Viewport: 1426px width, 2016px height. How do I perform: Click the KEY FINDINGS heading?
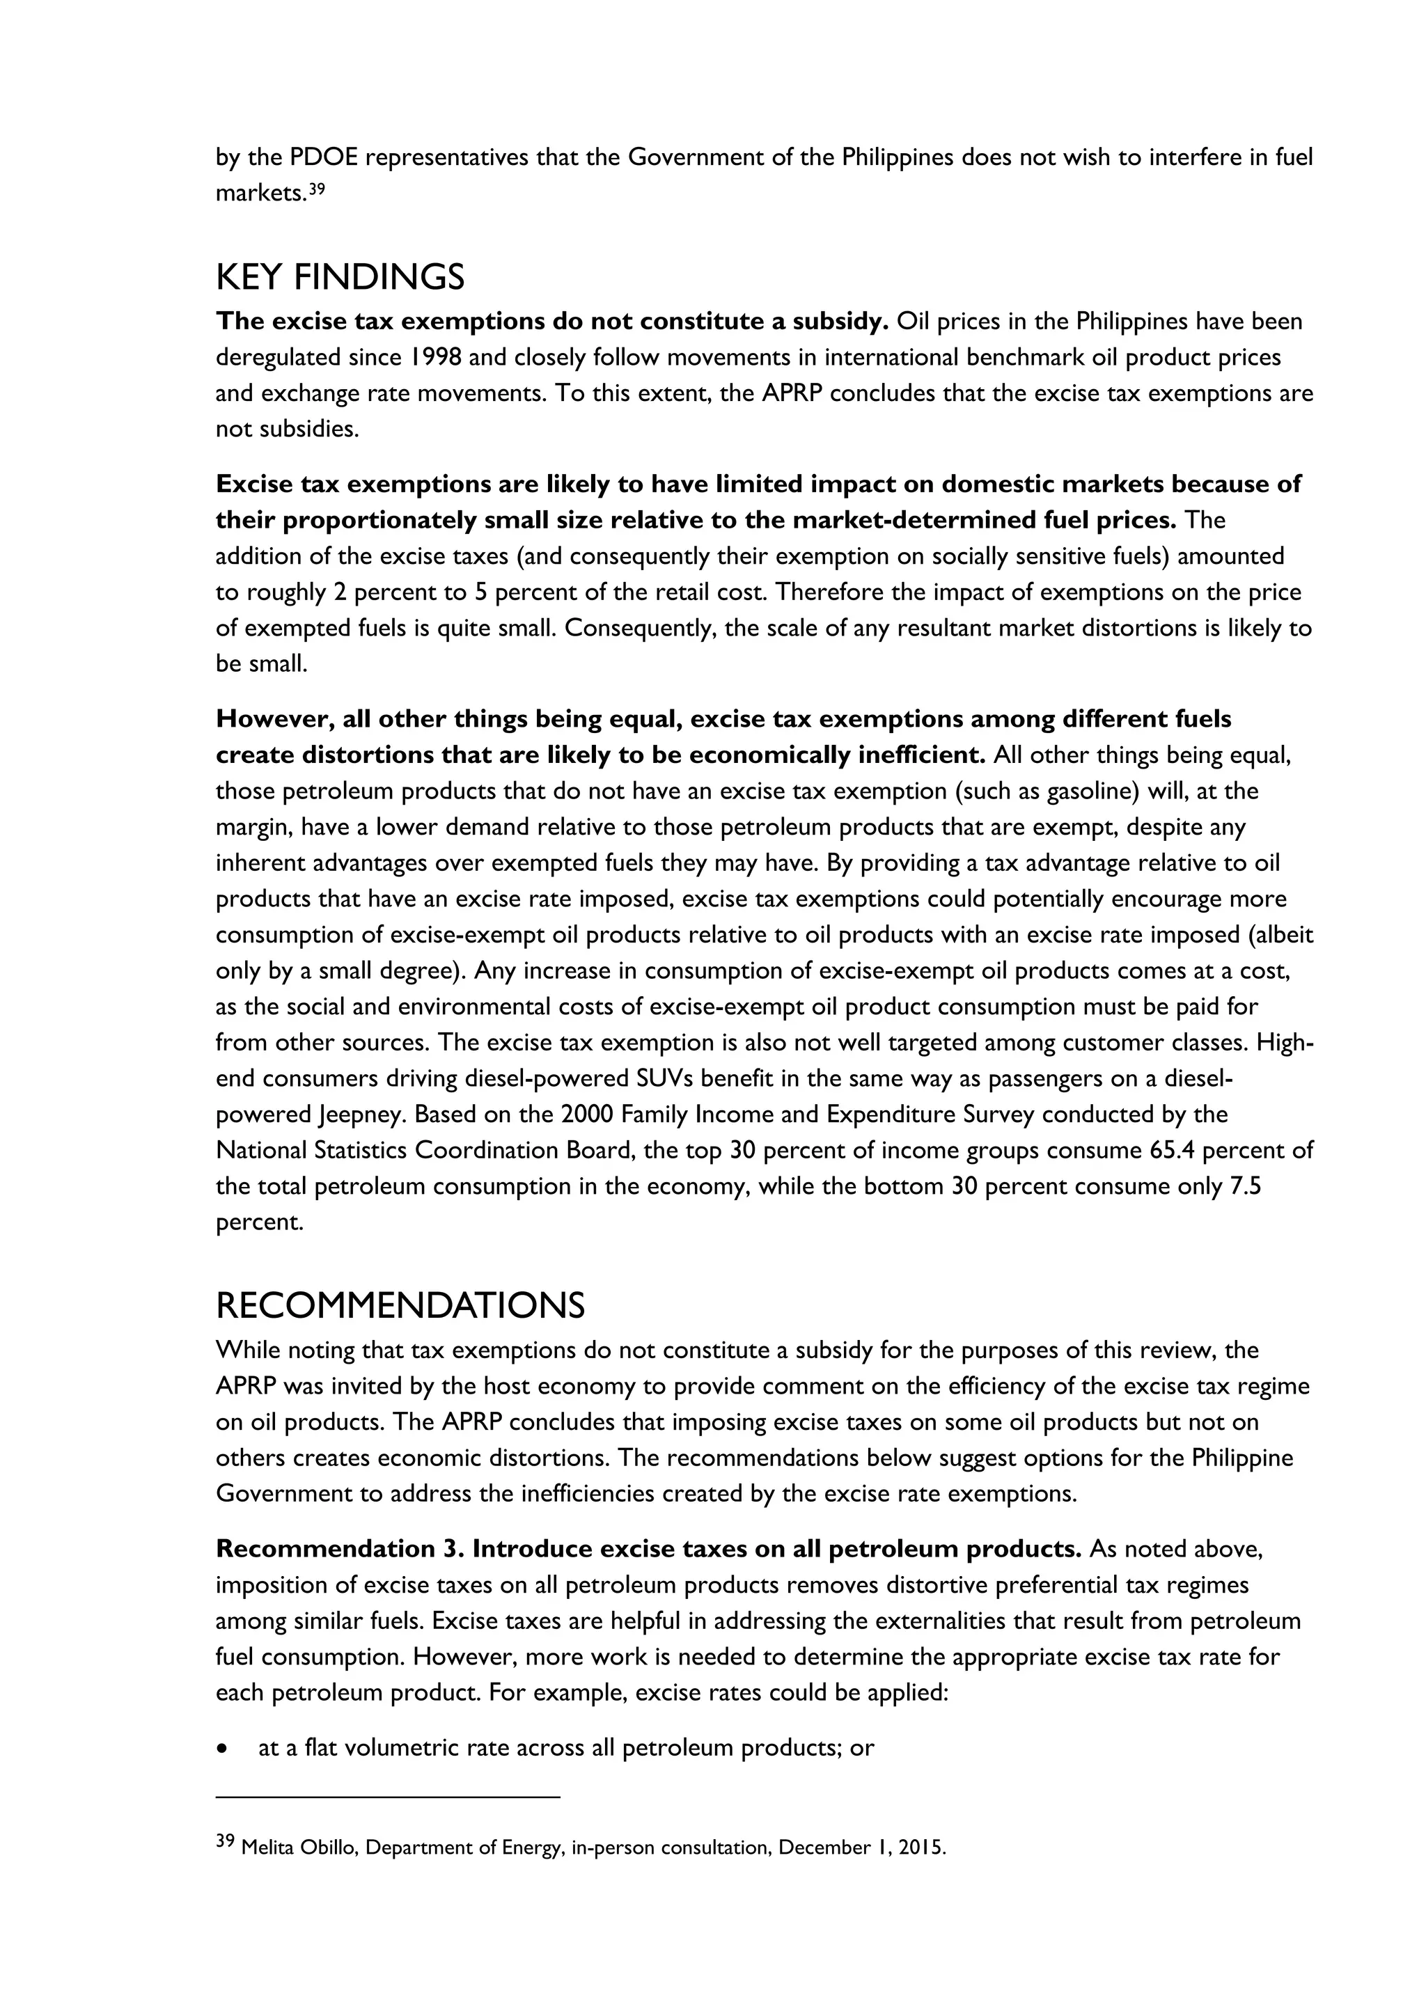click(340, 278)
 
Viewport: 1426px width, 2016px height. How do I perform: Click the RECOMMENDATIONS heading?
click(400, 1306)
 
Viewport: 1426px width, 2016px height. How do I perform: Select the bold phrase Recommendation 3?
click(340, 1549)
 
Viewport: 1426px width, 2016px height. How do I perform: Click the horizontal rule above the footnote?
click(387, 1797)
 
